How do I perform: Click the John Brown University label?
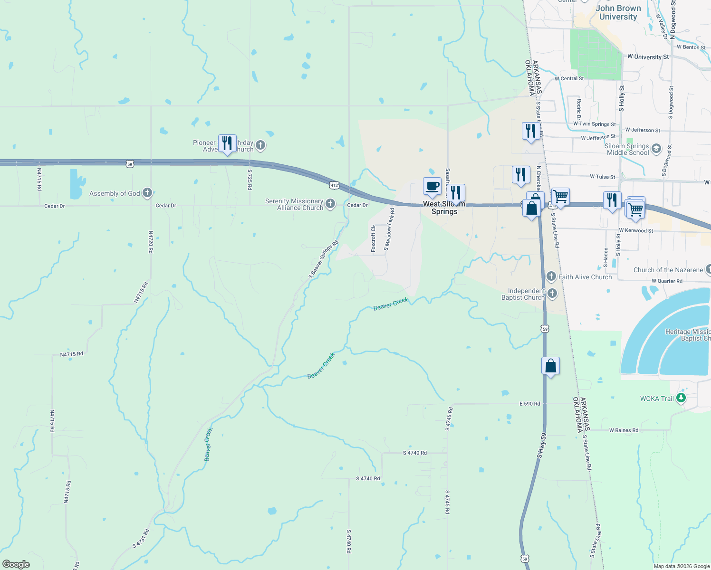[x=618, y=12]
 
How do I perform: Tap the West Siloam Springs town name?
[x=444, y=208]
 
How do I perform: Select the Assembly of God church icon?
[x=147, y=193]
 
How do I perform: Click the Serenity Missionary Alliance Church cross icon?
[x=330, y=204]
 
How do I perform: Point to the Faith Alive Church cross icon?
[x=551, y=276]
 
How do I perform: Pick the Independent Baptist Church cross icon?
[x=552, y=294]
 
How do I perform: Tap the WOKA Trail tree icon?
[x=681, y=398]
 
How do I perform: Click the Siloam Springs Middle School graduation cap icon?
[x=656, y=149]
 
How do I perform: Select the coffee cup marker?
[x=432, y=187]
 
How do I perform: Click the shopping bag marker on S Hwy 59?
[x=550, y=366]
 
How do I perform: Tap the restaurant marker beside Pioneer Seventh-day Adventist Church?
[x=227, y=143]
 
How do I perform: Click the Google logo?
[x=16, y=564]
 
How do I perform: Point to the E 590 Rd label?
[x=529, y=404]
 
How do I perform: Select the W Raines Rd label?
[x=624, y=430]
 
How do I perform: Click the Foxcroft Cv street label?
[x=374, y=239]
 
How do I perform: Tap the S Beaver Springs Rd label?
[x=323, y=259]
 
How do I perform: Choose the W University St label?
[x=648, y=57]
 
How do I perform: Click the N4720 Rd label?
[x=151, y=242]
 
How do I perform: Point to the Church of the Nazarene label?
[x=668, y=270]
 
